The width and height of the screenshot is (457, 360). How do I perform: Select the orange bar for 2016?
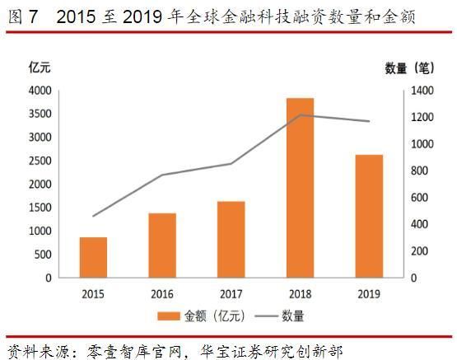[x=162, y=245]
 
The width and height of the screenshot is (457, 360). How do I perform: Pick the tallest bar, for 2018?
[x=301, y=188]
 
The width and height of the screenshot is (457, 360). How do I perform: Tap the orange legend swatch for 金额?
[x=168, y=316]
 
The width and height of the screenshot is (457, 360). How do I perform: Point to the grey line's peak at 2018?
[x=301, y=115]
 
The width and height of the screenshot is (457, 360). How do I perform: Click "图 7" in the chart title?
[x=18, y=15]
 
